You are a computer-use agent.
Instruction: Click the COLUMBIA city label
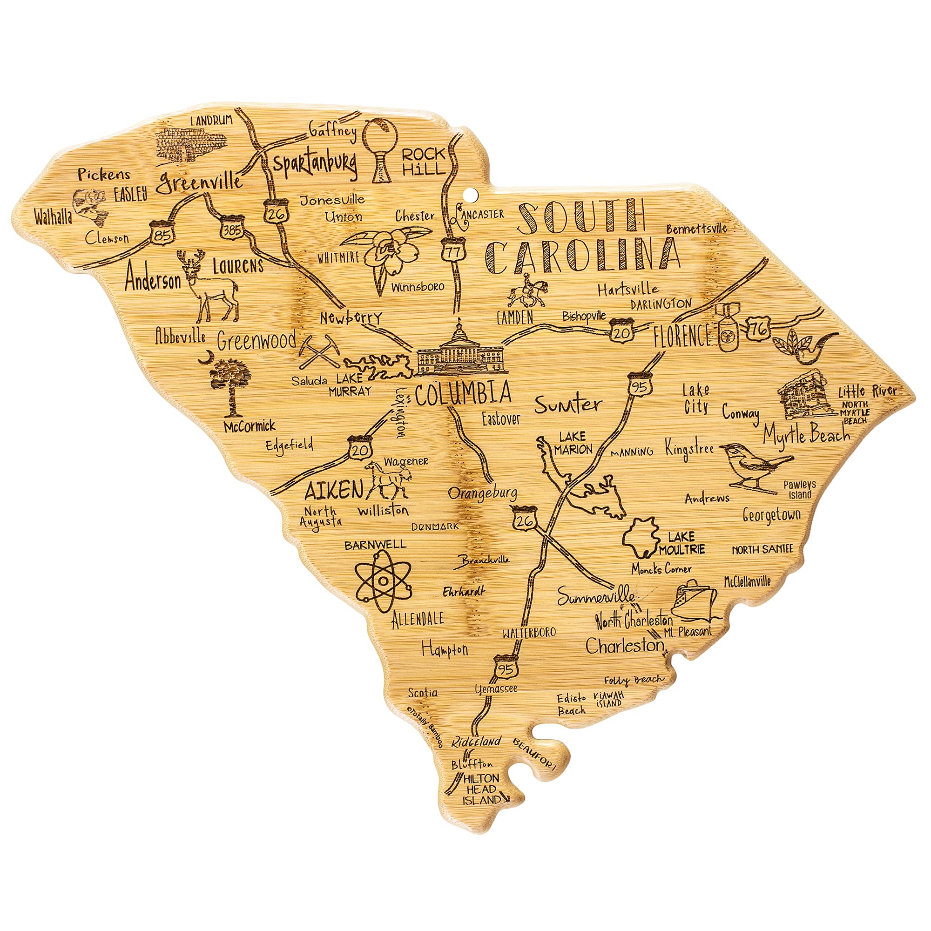point(463,394)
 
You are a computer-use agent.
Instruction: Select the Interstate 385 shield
point(232,229)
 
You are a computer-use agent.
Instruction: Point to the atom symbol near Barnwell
point(383,580)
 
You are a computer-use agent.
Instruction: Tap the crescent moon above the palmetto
point(206,357)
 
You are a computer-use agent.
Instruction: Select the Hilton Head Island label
point(481,789)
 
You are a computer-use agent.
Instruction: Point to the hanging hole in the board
point(470,196)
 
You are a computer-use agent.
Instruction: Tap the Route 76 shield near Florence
point(758,330)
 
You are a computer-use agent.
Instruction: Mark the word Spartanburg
point(315,164)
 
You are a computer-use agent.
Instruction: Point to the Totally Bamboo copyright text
point(424,728)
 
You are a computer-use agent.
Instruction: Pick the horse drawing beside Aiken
point(387,479)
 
